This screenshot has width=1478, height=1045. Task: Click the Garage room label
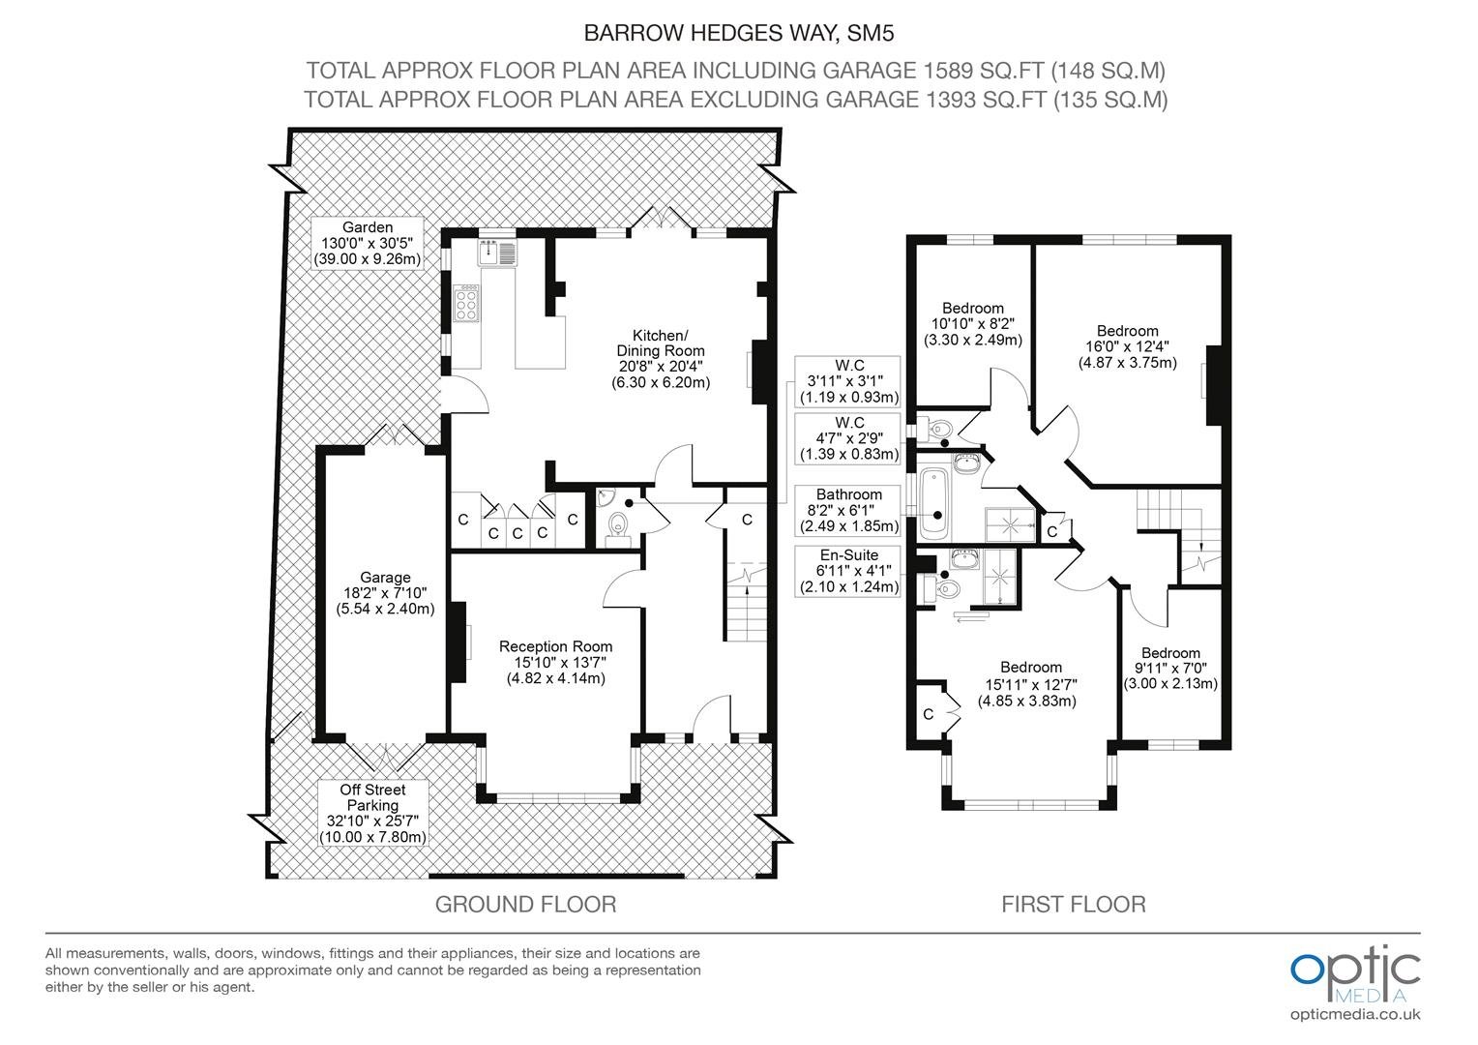(385, 593)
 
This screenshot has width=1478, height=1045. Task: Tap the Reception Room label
(555, 662)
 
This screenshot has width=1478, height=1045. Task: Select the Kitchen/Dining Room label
(661, 358)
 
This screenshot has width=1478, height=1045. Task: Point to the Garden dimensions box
(368, 243)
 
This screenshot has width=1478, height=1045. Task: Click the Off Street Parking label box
(372, 814)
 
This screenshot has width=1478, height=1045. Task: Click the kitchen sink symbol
(498, 253)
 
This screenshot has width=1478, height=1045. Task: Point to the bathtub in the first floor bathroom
(933, 504)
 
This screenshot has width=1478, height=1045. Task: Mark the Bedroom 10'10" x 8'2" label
(972, 324)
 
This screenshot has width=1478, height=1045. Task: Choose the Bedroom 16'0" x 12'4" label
(1128, 346)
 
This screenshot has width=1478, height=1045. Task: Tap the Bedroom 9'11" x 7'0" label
(1170, 668)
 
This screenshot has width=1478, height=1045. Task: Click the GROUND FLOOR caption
(526, 905)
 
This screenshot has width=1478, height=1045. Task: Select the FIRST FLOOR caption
(1074, 905)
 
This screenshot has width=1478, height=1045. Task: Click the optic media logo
(1355, 984)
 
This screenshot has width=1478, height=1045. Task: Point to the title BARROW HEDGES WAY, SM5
(739, 33)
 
